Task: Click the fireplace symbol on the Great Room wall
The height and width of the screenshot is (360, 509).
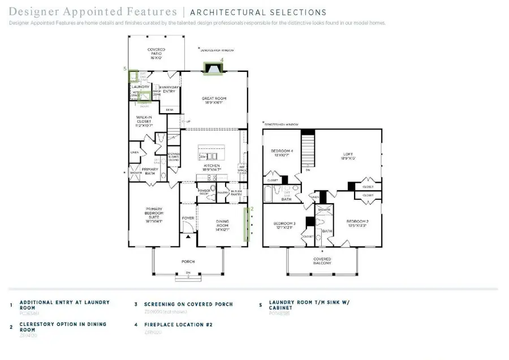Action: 214,68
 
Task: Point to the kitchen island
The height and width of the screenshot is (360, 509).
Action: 214,153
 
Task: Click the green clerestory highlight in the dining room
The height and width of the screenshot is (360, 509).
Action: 246,224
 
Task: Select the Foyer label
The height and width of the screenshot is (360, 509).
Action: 188,217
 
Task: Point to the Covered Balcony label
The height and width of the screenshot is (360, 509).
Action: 322,260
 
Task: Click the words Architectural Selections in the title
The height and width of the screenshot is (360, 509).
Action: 258,12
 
